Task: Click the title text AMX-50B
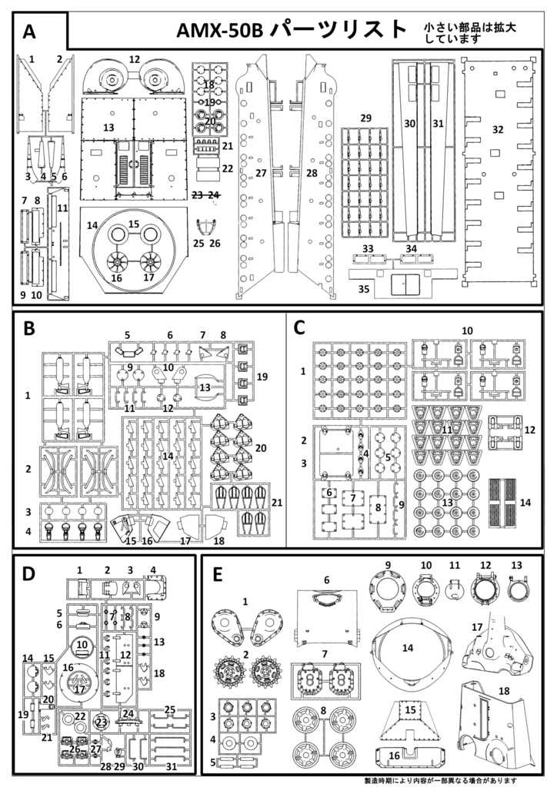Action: (221, 30)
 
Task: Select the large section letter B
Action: (30, 328)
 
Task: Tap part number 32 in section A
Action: (498, 129)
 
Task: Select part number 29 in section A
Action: (366, 118)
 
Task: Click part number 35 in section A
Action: (364, 288)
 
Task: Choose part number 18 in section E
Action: (504, 691)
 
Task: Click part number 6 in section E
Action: (326, 580)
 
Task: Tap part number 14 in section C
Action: (525, 502)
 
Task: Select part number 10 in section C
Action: (467, 330)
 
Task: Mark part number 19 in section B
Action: (262, 377)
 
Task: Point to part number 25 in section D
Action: (170, 709)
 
